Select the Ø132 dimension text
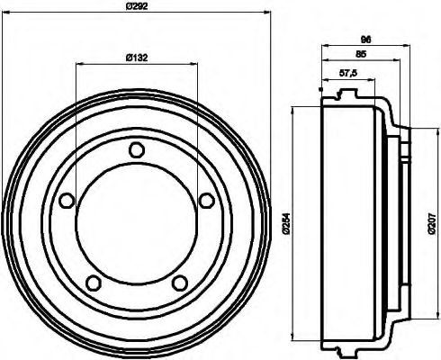coord(137,58)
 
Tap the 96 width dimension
coord(364,40)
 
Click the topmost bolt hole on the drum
coord(136,150)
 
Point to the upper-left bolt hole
coord(67,202)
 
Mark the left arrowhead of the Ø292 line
coord(4,13)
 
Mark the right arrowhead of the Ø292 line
coord(267,13)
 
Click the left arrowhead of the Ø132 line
coord(79,64)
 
